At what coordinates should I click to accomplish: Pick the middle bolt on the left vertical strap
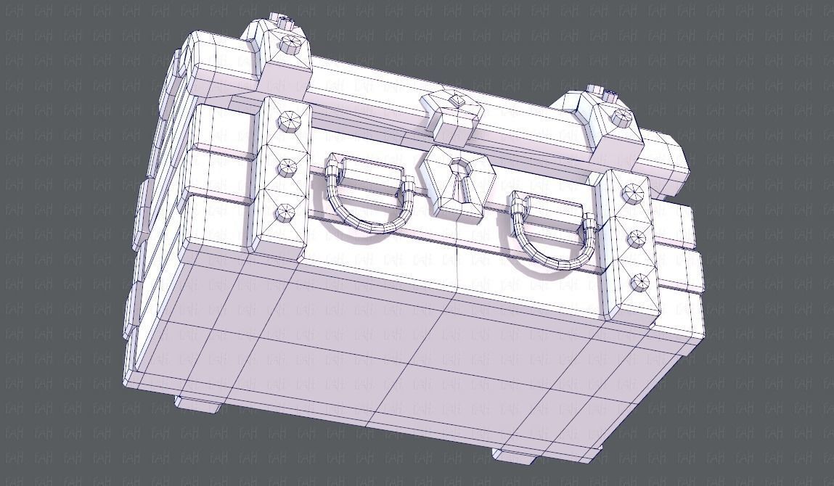(x=288, y=168)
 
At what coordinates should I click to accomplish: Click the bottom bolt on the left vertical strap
(x=285, y=213)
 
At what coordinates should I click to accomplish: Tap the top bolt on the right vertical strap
(x=631, y=192)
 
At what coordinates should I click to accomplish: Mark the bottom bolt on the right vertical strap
(x=639, y=283)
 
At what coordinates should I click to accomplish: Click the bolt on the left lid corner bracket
(x=288, y=44)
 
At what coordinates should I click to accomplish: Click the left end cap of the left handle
(x=332, y=174)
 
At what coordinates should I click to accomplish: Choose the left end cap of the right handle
(x=518, y=211)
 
